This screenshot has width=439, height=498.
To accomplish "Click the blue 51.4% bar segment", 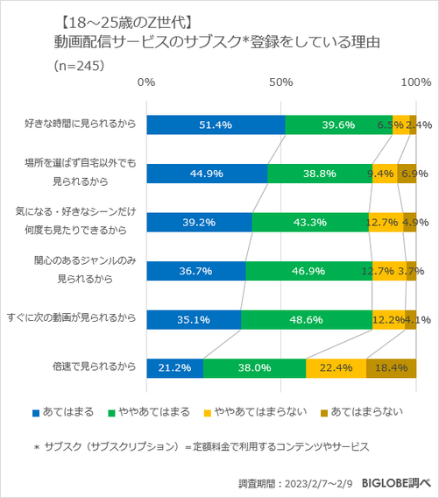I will click(216, 125).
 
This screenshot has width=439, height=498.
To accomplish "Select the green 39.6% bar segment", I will click(338, 125).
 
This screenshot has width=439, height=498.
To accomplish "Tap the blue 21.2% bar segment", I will click(174, 367).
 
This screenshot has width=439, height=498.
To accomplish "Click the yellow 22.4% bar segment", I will click(336, 367).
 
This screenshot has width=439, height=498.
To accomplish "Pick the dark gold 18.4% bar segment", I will click(391, 367).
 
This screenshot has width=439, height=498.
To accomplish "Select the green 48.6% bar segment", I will click(307, 319).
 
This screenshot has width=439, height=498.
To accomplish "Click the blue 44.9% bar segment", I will click(207, 174).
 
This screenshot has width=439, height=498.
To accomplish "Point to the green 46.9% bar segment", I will click(308, 271).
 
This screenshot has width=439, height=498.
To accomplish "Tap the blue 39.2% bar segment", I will click(199, 223).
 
